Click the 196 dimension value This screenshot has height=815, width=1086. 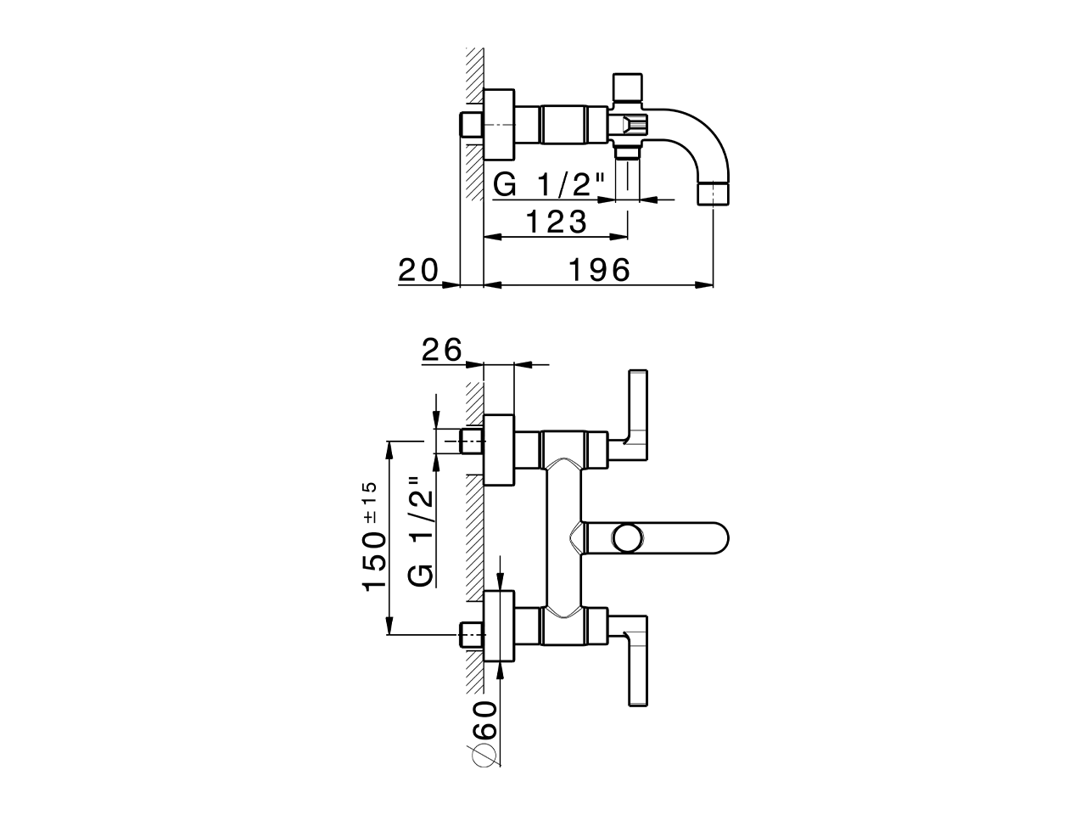point(599,270)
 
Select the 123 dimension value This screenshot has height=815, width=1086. point(556,222)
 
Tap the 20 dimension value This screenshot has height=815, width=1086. point(418,270)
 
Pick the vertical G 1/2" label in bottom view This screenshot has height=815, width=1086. point(422,530)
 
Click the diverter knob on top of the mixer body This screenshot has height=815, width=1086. point(627,86)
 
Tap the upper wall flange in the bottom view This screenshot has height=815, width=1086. point(499,452)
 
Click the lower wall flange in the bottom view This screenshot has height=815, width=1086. point(499,627)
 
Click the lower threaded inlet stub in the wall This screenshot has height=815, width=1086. point(470,634)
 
